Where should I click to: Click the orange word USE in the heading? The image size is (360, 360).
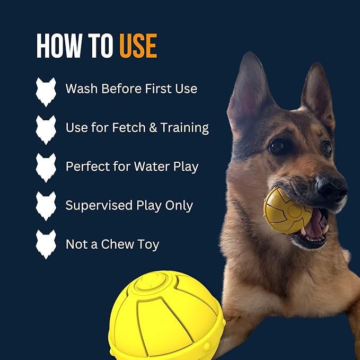coord(138,47)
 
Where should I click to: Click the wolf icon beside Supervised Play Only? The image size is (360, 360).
coord(46,206)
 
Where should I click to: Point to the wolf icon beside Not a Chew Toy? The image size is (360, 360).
coord(46,244)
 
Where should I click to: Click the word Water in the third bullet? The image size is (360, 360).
coord(149,166)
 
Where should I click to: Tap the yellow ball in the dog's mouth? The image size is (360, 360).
coord(287,210)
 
